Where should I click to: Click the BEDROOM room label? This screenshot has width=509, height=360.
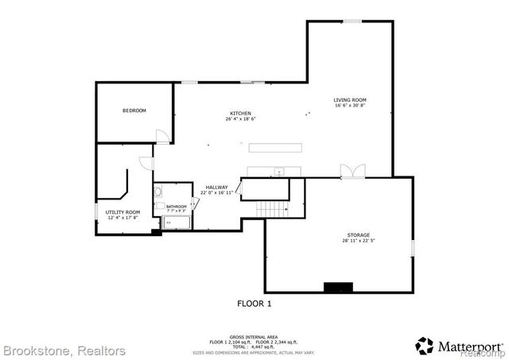tap(134, 110)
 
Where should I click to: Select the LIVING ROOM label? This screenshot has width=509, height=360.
tap(350, 99)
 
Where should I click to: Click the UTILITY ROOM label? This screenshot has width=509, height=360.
tap(122, 212)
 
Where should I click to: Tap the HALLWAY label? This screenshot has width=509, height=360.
tap(216, 188)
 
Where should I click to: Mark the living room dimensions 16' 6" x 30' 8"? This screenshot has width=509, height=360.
tap(350, 105)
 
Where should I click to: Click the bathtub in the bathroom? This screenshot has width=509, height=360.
tap(177, 223)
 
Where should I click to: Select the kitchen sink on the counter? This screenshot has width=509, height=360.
tap(279, 172)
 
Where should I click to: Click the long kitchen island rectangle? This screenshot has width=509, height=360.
tap(278, 147)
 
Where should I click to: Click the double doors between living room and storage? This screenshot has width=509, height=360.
tap(350, 171)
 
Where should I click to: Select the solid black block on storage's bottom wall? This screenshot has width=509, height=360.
tap(337, 286)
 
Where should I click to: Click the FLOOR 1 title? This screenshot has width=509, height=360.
tap(254, 303)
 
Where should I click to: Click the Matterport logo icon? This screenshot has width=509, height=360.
tap(425, 346)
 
